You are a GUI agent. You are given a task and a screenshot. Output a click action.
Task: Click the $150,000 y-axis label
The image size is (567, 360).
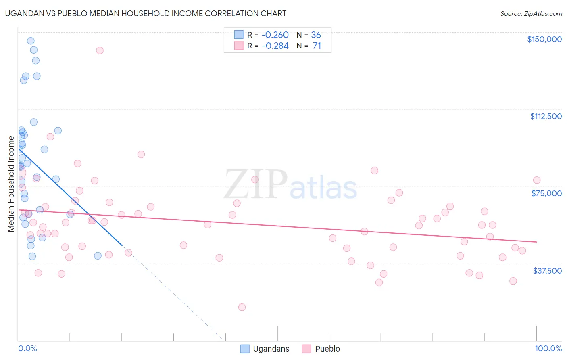[x=544, y=39]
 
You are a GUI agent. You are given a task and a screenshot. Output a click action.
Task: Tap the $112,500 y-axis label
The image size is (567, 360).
[x=546, y=116]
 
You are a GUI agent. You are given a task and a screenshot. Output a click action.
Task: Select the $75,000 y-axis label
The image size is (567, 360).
[x=546, y=193]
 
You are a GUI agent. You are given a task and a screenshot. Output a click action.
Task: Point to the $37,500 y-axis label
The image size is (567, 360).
[x=547, y=271]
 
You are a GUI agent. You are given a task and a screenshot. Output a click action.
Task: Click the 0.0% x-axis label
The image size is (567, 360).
[x=27, y=349]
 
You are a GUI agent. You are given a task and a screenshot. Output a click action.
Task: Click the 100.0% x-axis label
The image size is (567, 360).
[x=548, y=349]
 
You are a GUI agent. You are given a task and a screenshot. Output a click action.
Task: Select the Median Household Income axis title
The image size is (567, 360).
[x=11, y=184]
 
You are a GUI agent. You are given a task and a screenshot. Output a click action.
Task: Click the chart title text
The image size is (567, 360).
[x=146, y=13]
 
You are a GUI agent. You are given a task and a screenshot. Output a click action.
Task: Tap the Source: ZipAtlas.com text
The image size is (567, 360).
[x=531, y=14]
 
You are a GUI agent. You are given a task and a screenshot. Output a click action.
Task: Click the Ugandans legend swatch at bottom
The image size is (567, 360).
[x=245, y=349]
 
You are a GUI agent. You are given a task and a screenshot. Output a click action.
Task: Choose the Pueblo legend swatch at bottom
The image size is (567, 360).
[x=306, y=349]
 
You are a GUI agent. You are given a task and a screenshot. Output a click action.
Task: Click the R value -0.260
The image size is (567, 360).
[x=275, y=35]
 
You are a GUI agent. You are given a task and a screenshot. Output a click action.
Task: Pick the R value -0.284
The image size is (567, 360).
[x=275, y=46]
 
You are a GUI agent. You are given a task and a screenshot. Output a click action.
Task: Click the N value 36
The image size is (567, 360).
[x=316, y=35]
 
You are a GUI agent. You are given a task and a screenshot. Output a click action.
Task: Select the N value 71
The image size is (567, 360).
[x=317, y=46]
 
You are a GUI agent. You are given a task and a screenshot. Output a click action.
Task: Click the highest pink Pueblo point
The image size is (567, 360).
[x=100, y=50]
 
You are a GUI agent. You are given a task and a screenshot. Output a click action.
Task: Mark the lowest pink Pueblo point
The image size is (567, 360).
[x=242, y=307]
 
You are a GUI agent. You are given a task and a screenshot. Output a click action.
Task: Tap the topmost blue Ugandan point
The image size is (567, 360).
[x=31, y=41]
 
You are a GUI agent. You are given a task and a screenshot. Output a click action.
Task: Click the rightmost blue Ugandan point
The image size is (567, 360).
[x=98, y=256]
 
